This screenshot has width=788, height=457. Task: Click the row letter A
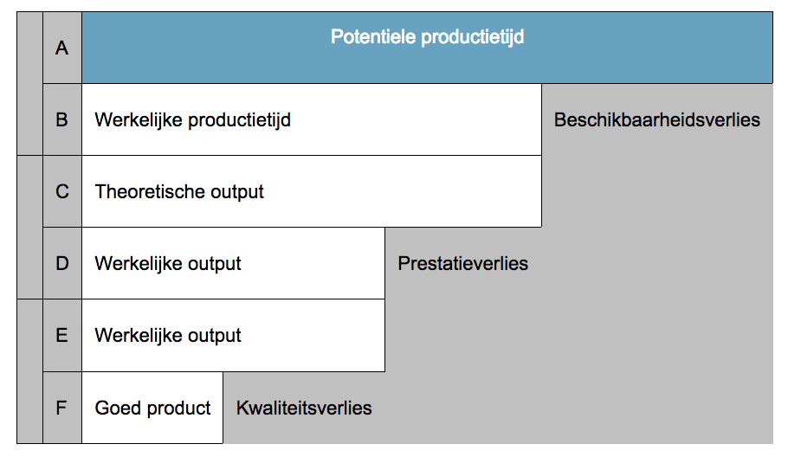pos(61,48)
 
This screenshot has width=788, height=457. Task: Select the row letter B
pos(61,120)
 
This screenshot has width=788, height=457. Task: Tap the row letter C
pos(62,192)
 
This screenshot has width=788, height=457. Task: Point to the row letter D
pos(62,264)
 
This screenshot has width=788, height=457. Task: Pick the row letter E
pos(61,336)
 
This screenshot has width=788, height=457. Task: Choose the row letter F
pos(61,408)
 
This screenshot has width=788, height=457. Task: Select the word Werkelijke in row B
pos(139,120)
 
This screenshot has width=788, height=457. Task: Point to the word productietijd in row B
pos(239,120)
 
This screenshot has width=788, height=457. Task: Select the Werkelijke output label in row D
pos(168,264)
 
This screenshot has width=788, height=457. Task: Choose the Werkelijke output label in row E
pos(168,336)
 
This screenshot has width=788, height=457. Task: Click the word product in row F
pos(178,409)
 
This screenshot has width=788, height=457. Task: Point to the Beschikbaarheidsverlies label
pos(657,120)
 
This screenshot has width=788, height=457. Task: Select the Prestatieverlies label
pos(463,264)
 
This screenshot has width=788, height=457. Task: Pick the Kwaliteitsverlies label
pos(304,408)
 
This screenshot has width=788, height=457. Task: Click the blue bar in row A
pos(427,48)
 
